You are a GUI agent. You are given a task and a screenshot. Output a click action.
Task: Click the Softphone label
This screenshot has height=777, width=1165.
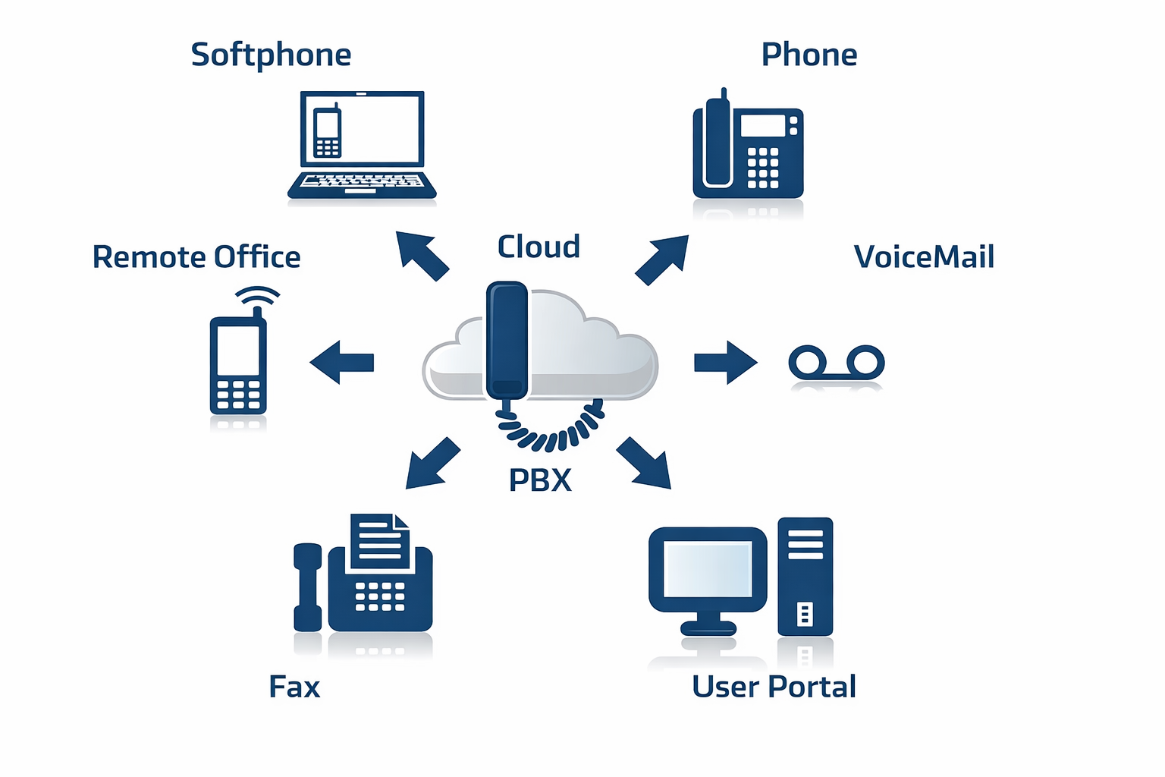(271, 55)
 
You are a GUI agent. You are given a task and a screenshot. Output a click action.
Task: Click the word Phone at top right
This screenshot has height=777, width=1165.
(809, 55)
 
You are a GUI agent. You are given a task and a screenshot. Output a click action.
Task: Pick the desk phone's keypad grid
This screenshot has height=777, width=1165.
(762, 168)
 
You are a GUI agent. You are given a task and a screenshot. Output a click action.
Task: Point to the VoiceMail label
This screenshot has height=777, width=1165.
(923, 257)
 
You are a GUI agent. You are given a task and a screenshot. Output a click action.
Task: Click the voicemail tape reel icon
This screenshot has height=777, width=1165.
(837, 362)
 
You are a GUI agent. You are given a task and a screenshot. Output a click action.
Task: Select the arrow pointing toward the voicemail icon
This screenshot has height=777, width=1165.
(725, 362)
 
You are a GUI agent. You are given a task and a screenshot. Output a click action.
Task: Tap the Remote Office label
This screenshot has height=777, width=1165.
(196, 257)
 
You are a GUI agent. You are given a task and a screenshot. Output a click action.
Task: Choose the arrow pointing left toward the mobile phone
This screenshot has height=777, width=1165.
(342, 362)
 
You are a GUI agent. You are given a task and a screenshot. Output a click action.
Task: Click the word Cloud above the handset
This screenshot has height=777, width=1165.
(539, 247)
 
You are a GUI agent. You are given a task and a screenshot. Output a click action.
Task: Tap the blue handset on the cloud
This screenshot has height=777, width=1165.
(507, 339)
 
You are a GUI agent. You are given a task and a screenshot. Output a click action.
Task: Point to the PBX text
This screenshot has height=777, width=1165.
(540, 480)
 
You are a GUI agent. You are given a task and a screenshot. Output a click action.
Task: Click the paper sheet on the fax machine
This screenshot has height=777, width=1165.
(380, 540)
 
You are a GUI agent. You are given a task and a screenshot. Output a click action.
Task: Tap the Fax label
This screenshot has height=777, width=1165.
(294, 687)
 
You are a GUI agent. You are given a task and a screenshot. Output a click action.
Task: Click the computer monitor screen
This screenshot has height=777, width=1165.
(708, 569)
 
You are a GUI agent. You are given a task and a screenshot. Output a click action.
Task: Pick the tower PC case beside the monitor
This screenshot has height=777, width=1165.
(805, 577)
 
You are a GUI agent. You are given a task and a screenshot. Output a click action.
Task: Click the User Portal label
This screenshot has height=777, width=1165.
(774, 687)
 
